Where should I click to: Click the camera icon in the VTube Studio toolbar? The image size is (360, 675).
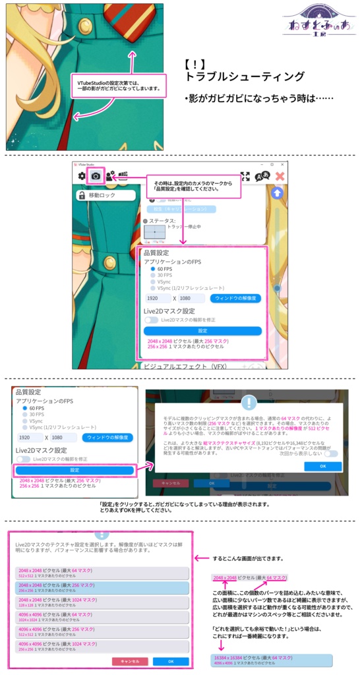[x=96, y=176]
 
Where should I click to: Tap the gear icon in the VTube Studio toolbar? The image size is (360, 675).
[x=82, y=176]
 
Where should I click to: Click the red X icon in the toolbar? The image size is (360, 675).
[x=280, y=176]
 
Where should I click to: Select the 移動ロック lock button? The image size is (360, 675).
[x=105, y=195]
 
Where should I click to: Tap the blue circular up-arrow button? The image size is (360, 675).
[x=278, y=193]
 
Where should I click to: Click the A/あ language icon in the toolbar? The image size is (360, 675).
[x=262, y=176]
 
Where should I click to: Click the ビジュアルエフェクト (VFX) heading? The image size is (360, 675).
[x=185, y=366]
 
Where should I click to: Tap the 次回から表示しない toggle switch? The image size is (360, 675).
[x=331, y=454]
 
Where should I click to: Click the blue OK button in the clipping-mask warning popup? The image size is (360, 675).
[x=322, y=465]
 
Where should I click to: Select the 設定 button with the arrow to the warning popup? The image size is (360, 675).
[x=75, y=470]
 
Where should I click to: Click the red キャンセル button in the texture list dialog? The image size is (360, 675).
[x=130, y=661]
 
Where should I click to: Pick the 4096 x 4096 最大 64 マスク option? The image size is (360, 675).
[x=102, y=617]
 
